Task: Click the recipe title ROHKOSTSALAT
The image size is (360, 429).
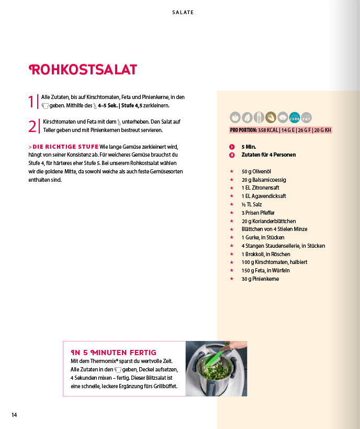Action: tap(84, 70)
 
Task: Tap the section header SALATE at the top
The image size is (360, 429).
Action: tap(183, 13)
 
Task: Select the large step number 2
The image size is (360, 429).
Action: tap(32, 126)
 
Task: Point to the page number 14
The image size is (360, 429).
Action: tap(15, 415)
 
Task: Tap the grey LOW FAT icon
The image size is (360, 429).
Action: tap(306, 117)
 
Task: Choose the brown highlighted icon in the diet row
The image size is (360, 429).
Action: tap(271, 117)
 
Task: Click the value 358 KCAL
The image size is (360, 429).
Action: tap(268, 130)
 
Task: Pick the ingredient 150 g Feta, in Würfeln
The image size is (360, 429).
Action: tap(265, 270)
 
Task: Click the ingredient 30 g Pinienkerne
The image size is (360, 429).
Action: tap(260, 279)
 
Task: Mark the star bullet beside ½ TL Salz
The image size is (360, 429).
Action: tap(231, 204)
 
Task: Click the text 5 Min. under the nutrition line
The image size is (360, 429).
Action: tap(249, 147)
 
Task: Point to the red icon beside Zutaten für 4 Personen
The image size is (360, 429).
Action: tap(232, 155)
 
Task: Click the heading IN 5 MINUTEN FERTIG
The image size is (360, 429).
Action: tap(114, 353)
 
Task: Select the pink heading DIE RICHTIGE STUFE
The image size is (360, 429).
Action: tap(66, 146)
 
